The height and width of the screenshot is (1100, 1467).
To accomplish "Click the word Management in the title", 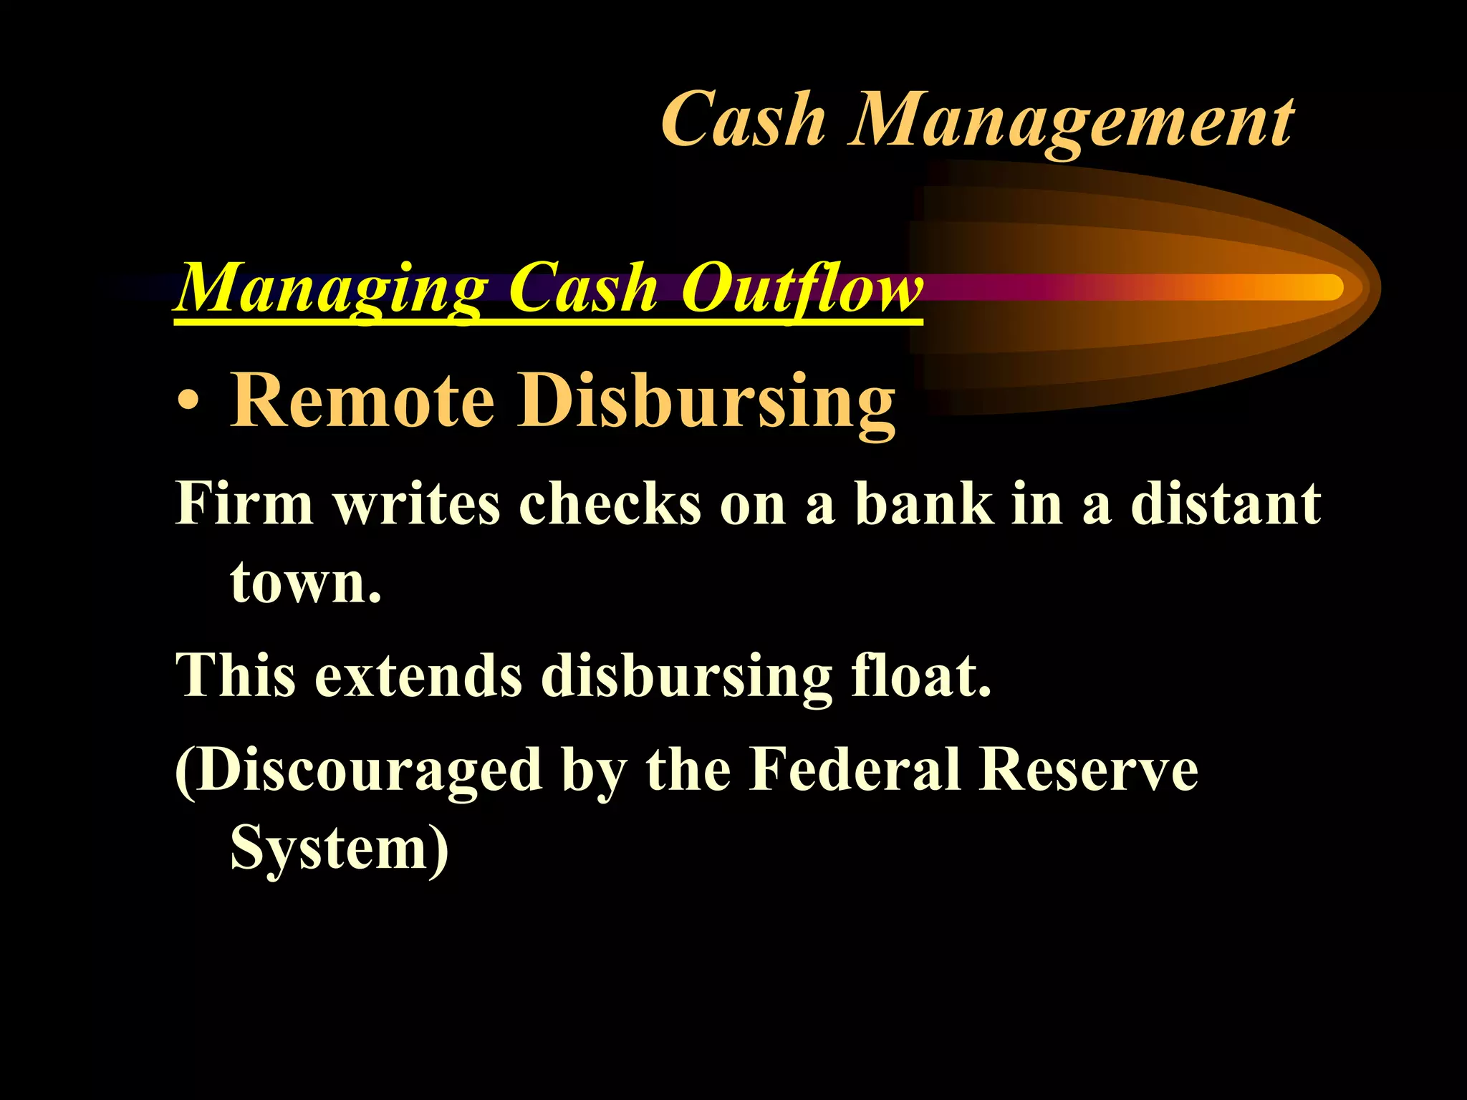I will (x=1071, y=122).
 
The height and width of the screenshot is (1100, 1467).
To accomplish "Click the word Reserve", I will (x=1089, y=770).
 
